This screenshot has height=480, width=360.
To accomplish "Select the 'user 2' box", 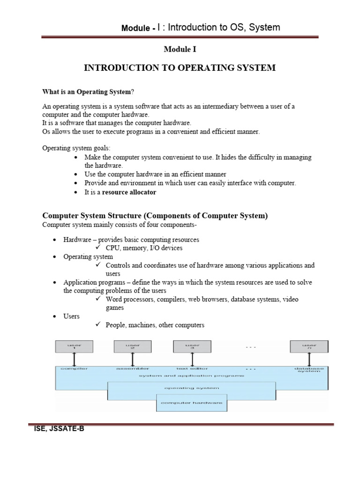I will click(x=133, y=347).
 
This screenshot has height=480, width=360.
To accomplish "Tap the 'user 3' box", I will click(x=191, y=347).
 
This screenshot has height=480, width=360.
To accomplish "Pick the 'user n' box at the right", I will click(x=308, y=347).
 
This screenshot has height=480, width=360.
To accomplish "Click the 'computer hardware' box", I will click(x=191, y=403).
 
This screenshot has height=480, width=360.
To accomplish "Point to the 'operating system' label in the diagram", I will click(x=191, y=388).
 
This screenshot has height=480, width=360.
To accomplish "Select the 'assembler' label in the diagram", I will click(x=133, y=369).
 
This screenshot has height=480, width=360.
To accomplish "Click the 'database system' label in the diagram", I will click(x=308, y=370).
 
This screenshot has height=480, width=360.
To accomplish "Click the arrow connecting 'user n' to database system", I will click(x=309, y=360).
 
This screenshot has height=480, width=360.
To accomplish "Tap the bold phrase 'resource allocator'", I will click(x=129, y=192).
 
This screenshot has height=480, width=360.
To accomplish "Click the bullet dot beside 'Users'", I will click(x=54, y=316).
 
